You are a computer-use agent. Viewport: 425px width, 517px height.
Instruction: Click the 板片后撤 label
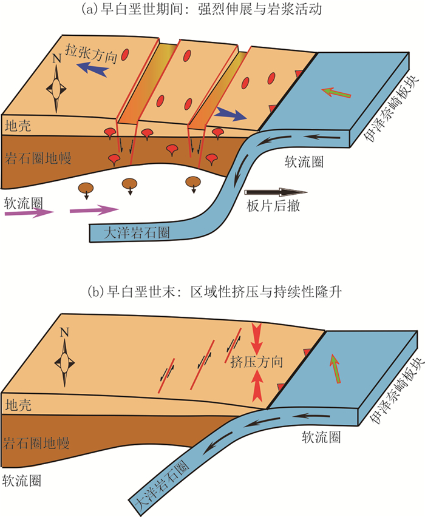pos(273,206)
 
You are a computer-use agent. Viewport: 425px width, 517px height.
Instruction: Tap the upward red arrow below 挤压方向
pos(257,386)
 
